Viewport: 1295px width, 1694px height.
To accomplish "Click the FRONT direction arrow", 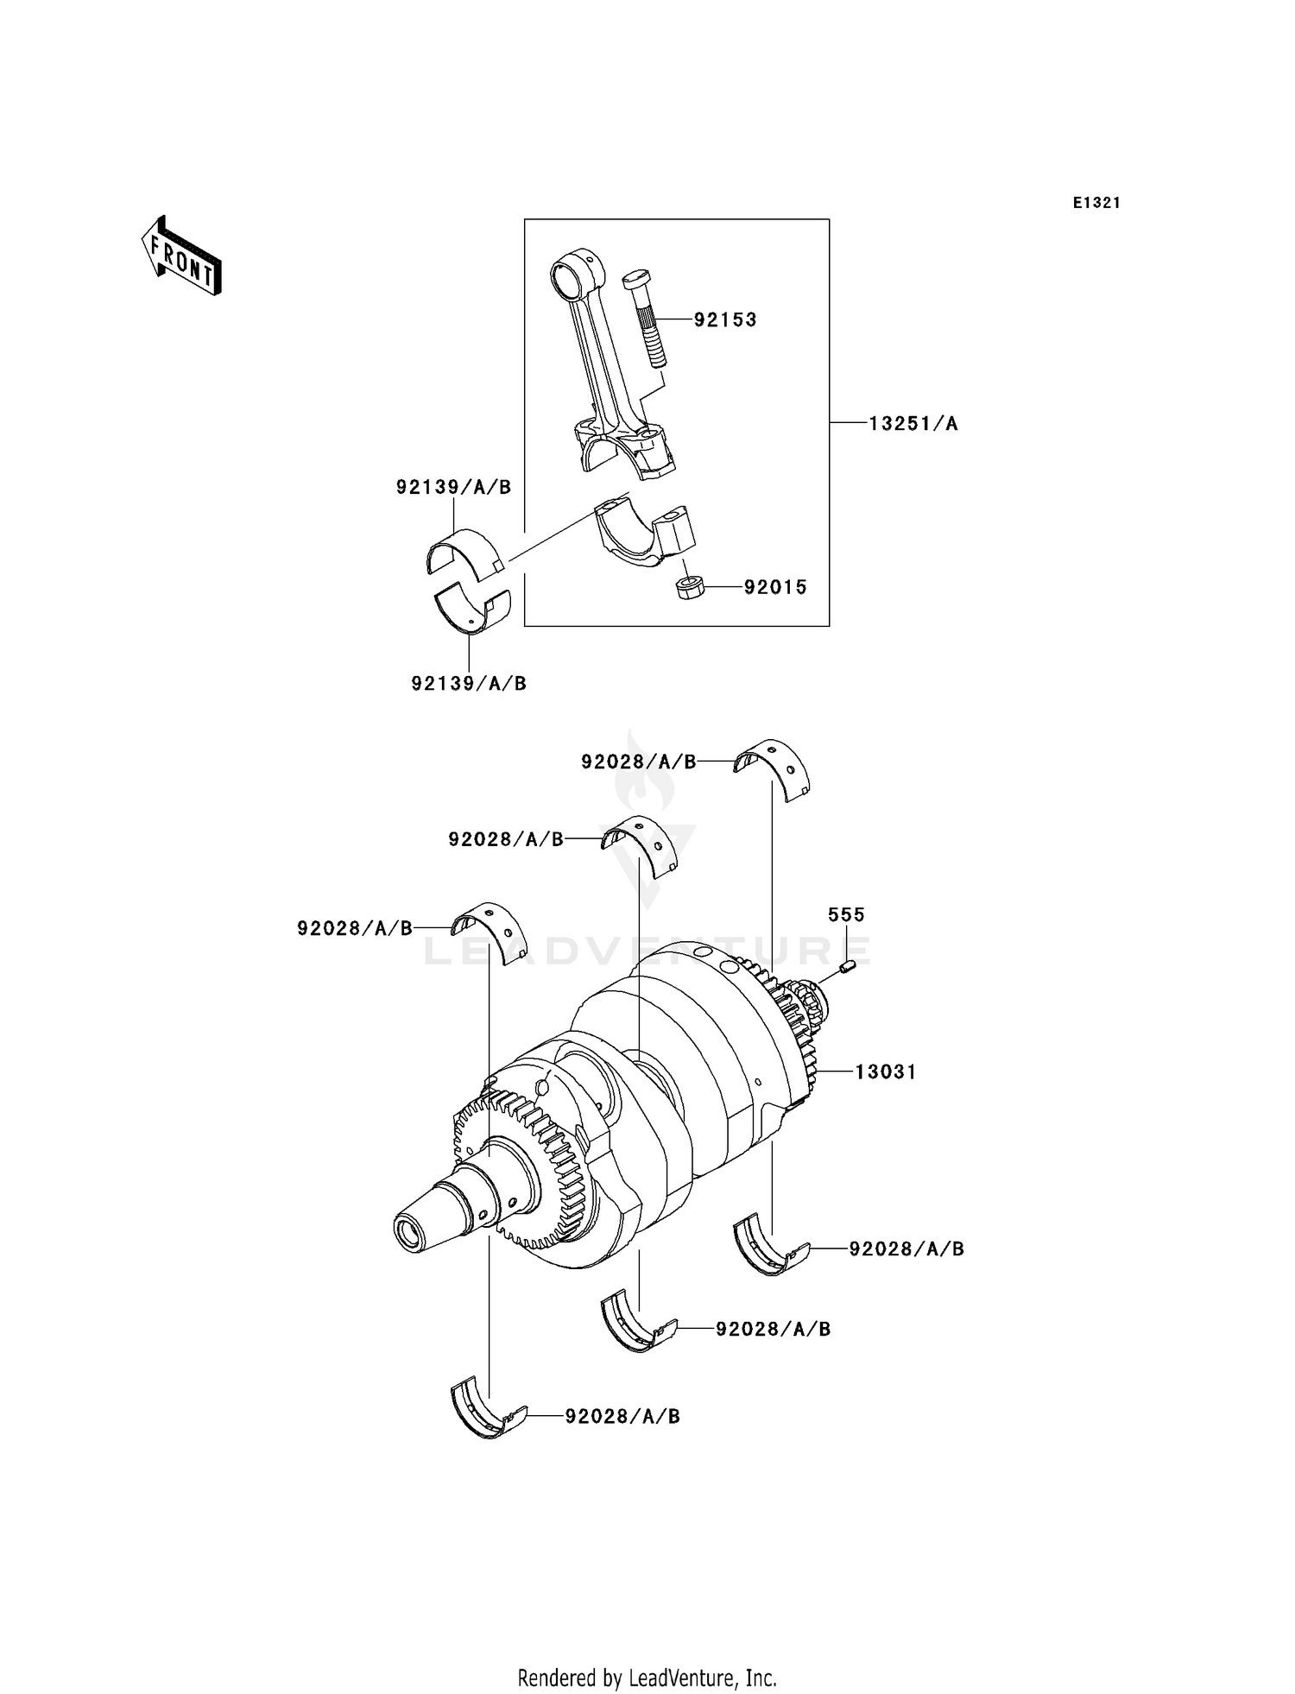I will [x=182, y=257].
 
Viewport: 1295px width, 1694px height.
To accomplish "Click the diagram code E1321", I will [x=1096, y=203].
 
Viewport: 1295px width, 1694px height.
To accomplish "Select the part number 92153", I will [x=725, y=320].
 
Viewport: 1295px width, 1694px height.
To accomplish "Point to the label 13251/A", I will [x=913, y=423].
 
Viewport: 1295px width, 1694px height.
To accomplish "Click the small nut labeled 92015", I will [x=689, y=590].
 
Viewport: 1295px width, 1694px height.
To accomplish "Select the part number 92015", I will [x=775, y=588].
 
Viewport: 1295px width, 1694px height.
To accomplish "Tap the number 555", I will [x=846, y=914].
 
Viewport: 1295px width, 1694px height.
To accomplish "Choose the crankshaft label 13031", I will [x=886, y=1071].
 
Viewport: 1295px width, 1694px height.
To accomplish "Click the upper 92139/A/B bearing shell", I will [x=464, y=550].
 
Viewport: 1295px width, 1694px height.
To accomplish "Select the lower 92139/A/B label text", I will [x=469, y=684].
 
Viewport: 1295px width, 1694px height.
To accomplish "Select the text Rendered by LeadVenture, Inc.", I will [x=647, y=1678].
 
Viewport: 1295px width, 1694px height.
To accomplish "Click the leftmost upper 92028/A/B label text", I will [x=355, y=928].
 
